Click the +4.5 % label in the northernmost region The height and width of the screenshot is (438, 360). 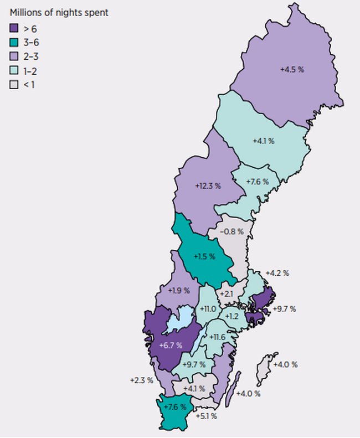(292, 70)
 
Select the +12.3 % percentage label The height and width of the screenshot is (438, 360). (208, 187)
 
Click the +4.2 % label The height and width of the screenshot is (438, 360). (277, 273)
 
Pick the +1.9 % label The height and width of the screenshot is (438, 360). (178, 290)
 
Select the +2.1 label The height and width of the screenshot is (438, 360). (227, 293)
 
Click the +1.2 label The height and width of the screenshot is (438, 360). (232, 316)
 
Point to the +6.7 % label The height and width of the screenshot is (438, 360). (170, 346)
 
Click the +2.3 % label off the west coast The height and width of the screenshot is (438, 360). (141, 380)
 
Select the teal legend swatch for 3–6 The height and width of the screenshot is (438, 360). (14, 42)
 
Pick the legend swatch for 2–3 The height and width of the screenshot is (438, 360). (14, 56)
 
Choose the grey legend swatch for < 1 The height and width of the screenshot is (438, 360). (14, 85)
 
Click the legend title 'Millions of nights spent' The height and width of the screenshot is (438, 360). (59, 12)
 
